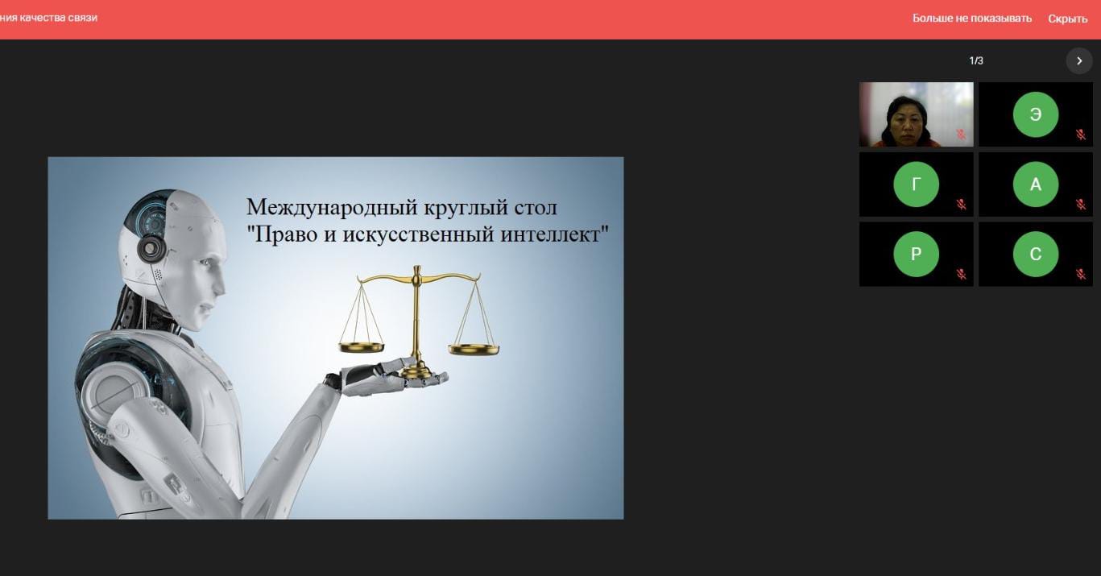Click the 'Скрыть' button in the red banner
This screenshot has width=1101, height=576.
[x=1068, y=19]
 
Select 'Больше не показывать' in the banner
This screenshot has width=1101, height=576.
[x=971, y=19]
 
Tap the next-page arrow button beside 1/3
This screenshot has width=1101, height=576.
[x=1079, y=61]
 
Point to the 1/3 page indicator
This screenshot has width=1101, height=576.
[x=976, y=60]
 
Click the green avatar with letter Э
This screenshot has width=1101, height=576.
[x=1036, y=114]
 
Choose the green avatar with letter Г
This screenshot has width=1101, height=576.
[x=917, y=184]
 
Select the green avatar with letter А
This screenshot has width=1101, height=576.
[x=1036, y=184]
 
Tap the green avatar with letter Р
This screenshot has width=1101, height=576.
[x=917, y=254]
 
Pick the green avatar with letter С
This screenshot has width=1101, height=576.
[x=1036, y=254]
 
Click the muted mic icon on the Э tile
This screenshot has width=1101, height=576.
[x=1080, y=135]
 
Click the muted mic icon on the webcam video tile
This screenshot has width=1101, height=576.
[x=962, y=135]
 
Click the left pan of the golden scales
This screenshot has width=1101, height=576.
[x=362, y=347]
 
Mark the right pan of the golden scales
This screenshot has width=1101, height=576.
[x=474, y=350]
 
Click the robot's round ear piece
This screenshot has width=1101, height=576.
[x=151, y=248]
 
